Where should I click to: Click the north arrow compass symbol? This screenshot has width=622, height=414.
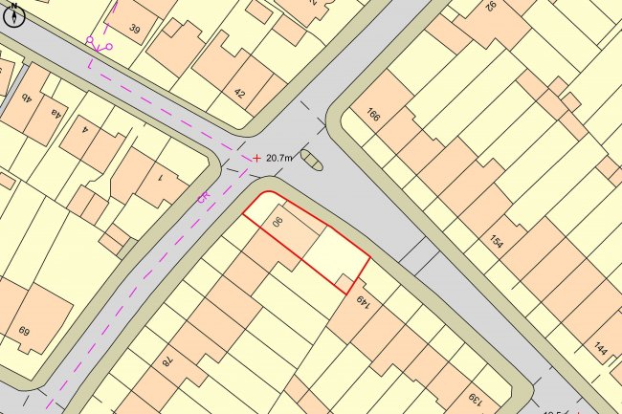pos(13,14)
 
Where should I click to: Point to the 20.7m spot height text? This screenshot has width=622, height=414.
pos(280,158)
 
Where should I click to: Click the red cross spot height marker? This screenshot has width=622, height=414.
pos(256,158)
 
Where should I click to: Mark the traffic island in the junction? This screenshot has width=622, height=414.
pos(312,160)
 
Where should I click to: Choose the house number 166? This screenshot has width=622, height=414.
pos(372,116)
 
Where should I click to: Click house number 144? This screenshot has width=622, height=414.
pos(600,349)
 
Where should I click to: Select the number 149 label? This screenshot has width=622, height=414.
pos(363,304)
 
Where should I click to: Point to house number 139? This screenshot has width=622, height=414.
pos(473,398)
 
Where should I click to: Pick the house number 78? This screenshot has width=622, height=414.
pos(165,360)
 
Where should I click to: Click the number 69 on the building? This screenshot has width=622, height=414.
pos(23,332)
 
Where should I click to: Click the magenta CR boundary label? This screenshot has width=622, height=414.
pos(203,197)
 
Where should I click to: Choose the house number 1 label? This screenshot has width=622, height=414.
pos(159,178)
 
